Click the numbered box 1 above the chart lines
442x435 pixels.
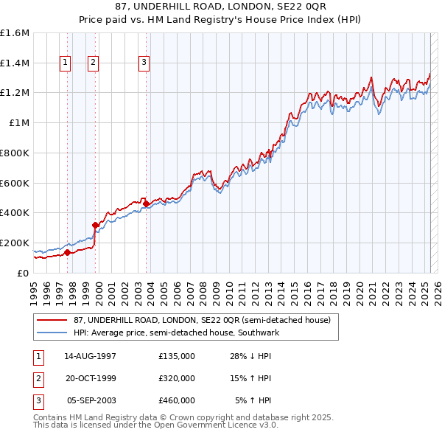tap(66, 63)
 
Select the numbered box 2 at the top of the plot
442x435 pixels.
tap(94, 63)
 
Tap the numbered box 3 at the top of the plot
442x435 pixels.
tap(144, 63)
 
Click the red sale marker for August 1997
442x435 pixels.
tap(67, 252)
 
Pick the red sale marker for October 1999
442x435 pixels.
tap(95, 225)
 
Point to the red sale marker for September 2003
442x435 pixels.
tap(146, 203)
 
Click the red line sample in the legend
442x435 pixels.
tap(52, 321)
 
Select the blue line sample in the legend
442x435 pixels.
tap(52, 333)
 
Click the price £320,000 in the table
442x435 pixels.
tap(177, 378)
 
